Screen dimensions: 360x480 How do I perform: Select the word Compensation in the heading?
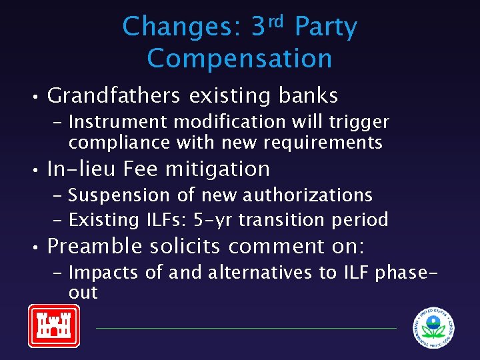point(239,59)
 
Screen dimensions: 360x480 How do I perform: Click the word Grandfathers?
point(114,96)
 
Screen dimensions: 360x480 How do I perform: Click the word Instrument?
point(111,123)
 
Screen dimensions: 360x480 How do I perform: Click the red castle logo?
point(53,325)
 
